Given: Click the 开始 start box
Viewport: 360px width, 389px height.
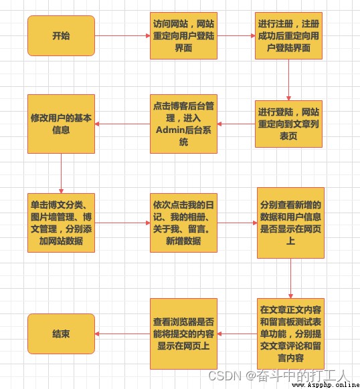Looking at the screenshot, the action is pos(61,35).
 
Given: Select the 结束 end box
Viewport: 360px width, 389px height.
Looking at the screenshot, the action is pos(61,334).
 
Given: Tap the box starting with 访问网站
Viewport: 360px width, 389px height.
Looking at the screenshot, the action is pos(183,35).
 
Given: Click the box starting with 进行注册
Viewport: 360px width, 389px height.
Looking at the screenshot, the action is pos(288,35).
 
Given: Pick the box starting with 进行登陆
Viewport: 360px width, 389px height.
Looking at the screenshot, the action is pos(288,124).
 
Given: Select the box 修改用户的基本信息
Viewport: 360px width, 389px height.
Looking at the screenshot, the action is pos(61,124).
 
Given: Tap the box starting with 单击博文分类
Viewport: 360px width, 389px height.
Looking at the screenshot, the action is pos(61,223).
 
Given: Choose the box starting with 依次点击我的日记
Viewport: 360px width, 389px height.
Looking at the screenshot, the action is pos(183,223).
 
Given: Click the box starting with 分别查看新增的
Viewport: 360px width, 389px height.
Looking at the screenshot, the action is pos(290,223).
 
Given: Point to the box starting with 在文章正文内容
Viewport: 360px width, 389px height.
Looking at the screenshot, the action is pos(290,334).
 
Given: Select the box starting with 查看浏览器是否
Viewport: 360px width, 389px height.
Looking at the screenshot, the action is pos(183,334).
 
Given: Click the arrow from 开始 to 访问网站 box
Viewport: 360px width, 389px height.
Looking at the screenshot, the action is pos(122,35).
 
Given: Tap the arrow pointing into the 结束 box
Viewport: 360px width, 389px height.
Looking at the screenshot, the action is pos(122,334).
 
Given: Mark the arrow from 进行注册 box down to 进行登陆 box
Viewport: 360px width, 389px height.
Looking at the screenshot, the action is pos(288,80).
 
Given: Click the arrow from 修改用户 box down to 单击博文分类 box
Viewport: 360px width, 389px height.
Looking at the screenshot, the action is pos(61,173).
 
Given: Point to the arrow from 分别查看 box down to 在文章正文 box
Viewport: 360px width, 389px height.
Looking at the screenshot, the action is pos(290,278).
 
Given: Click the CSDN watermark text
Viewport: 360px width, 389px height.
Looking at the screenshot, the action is pos(225,376).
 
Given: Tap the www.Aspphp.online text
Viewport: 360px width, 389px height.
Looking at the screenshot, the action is pos(325,384).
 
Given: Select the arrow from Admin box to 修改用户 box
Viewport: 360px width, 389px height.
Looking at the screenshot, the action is pos(122,124).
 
